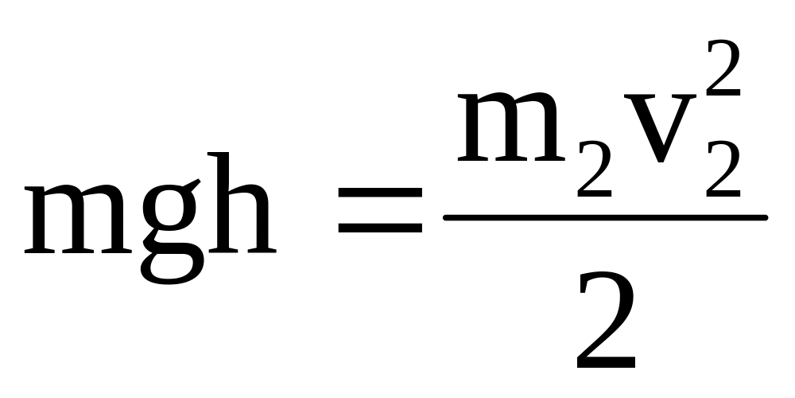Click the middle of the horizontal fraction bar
(604, 217)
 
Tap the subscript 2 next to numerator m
(595, 177)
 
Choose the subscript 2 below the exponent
(722, 177)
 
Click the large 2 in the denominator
(606, 322)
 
